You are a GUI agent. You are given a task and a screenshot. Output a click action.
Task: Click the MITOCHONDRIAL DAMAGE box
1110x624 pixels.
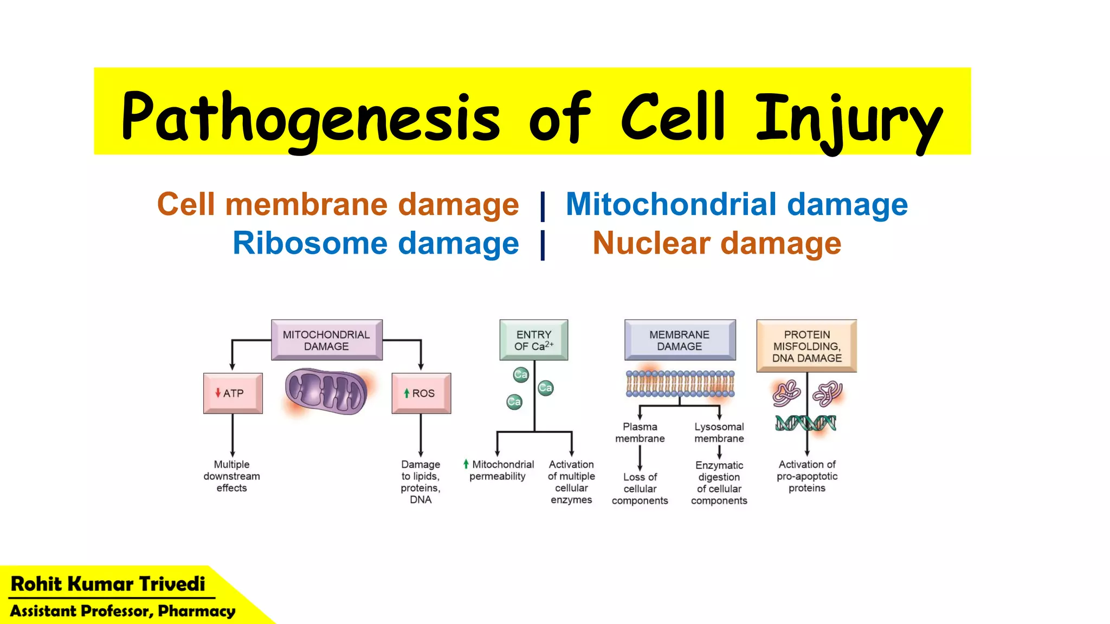(x=326, y=340)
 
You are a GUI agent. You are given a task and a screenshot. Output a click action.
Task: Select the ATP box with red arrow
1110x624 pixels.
(x=233, y=393)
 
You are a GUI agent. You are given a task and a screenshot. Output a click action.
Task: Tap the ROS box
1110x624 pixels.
(x=421, y=393)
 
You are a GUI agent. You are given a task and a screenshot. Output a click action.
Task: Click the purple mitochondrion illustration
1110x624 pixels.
(x=326, y=391)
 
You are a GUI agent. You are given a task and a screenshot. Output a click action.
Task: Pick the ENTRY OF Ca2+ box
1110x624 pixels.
(x=534, y=340)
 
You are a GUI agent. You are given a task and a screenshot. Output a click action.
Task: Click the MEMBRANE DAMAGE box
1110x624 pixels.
(x=680, y=340)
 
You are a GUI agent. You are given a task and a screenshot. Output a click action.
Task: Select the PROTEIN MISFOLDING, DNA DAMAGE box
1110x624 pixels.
(x=806, y=346)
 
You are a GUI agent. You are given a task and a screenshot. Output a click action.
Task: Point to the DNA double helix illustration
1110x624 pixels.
(x=805, y=423)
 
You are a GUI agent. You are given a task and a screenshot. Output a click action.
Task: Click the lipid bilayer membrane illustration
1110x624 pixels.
(x=680, y=384)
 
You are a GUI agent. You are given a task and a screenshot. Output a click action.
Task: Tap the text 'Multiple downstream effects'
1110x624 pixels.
(x=232, y=476)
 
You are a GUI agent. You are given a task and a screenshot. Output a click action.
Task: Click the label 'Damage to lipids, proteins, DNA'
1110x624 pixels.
(x=421, y=482)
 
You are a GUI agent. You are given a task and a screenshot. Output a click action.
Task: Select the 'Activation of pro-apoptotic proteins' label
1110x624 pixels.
(x=807, y=476)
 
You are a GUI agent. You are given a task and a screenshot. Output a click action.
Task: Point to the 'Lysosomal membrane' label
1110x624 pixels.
(x=719, y=433)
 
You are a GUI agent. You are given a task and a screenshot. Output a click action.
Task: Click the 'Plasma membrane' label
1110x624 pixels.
(x=640, y=433)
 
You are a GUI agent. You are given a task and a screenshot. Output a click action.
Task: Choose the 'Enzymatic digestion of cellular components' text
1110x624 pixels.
(x=719, y=483)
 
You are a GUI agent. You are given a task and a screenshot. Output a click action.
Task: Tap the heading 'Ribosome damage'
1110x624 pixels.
(x=376, y=243)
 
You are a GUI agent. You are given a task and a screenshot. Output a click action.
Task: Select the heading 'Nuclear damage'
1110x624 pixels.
(x=717, y=243)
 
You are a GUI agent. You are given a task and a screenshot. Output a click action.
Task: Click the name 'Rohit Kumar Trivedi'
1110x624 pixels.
(x=108, y=584)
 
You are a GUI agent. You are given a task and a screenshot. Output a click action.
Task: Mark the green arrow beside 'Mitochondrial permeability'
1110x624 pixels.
(x=466, y=464)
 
